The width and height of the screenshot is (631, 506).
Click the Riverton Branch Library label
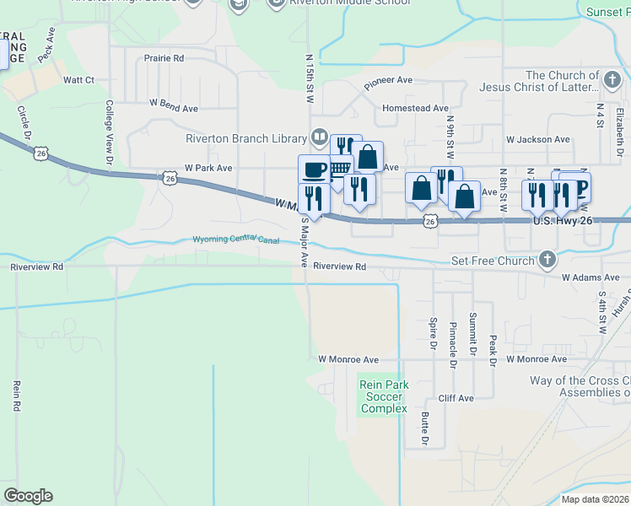[x=245, y=138]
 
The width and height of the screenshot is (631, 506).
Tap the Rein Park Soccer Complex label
[x=384, y=396]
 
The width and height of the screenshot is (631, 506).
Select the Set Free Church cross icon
[x=547, y=260]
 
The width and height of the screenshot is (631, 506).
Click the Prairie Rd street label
[x=164, y=58]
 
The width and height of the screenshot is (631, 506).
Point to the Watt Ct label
[x=78, y=80]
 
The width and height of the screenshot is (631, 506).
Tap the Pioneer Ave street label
[x=388, y=81]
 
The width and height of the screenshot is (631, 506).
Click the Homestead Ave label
[x=415, y=108]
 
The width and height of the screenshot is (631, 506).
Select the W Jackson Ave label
[x=537, y=139]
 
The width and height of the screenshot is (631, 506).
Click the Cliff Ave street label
[x=456, y=398]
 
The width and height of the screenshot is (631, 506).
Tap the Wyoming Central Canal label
[x=236, y=240]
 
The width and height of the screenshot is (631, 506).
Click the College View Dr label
[x=109, y=131]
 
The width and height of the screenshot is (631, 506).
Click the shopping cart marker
[x=338, y=168]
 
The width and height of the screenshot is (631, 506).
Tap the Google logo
[x=28, y=496]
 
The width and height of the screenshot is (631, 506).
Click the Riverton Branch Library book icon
[x=320, y=136]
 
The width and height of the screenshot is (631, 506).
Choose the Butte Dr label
[x=425, y=431]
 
